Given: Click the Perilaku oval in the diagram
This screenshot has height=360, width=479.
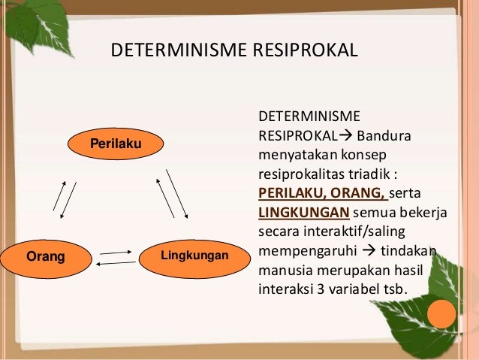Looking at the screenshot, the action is click(116, 143).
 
